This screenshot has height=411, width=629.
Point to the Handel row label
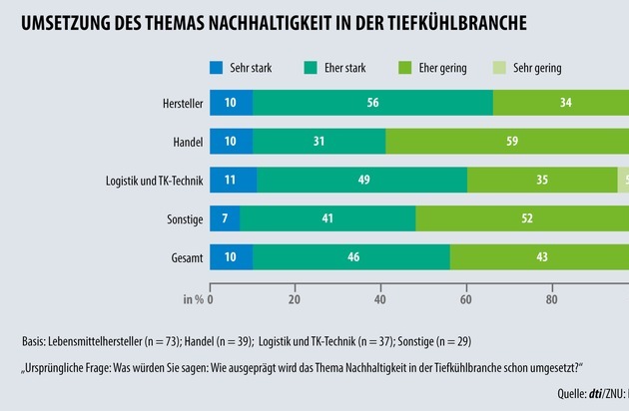pos(186,141)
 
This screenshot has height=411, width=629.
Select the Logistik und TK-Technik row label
pos(154,180)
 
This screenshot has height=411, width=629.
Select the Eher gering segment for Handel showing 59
pos(511,141)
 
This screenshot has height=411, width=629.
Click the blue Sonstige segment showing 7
pos(225,219)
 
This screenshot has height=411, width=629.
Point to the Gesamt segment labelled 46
pos(352,258)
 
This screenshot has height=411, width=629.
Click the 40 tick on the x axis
pos(380,298)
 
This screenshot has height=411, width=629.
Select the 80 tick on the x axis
pos(551,298)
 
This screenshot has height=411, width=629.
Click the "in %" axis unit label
pos(193,298)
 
